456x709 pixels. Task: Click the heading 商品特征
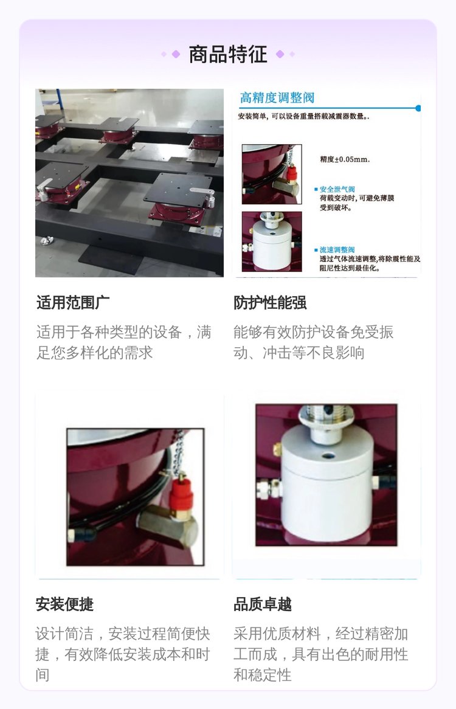(228, 54)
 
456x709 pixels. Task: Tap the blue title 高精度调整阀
(277, 98)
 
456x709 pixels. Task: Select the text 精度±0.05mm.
(345, 159)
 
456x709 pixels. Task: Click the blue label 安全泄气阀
(337, 190)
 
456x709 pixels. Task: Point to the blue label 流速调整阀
(337, 249)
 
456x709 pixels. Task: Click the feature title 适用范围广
(73, 302)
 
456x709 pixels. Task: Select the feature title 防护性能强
(270, 302)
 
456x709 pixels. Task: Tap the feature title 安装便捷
(64, 604)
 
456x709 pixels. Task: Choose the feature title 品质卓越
(263, 604)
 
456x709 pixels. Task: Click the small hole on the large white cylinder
(328, 454)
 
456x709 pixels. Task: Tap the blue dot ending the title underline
(418, 108)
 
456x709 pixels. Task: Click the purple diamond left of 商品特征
(176, 54)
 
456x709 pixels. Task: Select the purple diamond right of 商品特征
(280, 54)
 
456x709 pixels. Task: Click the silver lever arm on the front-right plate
(202, 192)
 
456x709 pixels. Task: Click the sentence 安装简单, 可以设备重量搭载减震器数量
(303, 116)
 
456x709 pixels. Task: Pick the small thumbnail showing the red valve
(272, 174)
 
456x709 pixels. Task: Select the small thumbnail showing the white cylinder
(272, 241)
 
